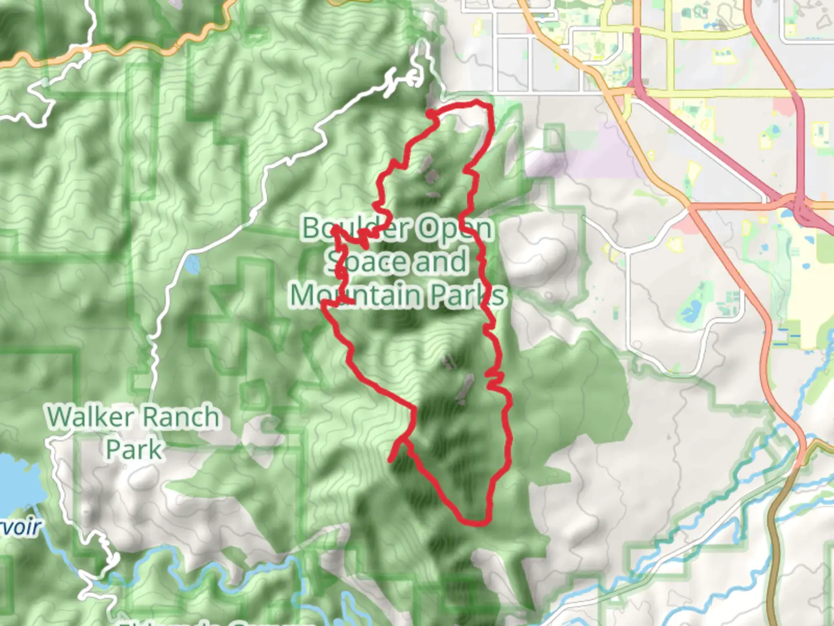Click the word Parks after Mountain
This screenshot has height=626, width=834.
[467, 295]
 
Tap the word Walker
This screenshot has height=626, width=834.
[90, 417]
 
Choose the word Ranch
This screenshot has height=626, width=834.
[181, 417]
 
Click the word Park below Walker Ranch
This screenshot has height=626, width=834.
[134, 449]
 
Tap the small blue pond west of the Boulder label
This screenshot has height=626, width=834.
[192, 265]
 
